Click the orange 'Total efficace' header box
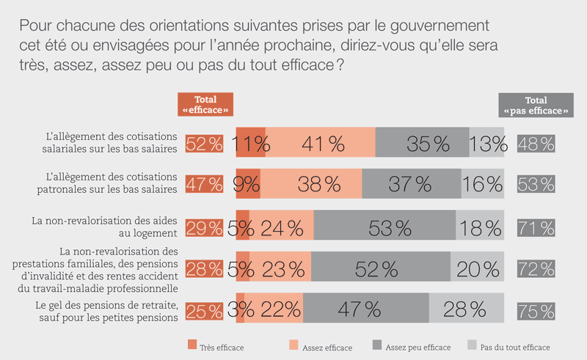(205, 105)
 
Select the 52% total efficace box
(205, 144)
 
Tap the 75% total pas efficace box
(536, 309)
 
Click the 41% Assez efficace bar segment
(321, 144)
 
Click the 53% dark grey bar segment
(384, 227)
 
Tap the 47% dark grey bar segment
(365, 309)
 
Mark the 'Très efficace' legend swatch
(193, 345)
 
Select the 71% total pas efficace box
(536, 227)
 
